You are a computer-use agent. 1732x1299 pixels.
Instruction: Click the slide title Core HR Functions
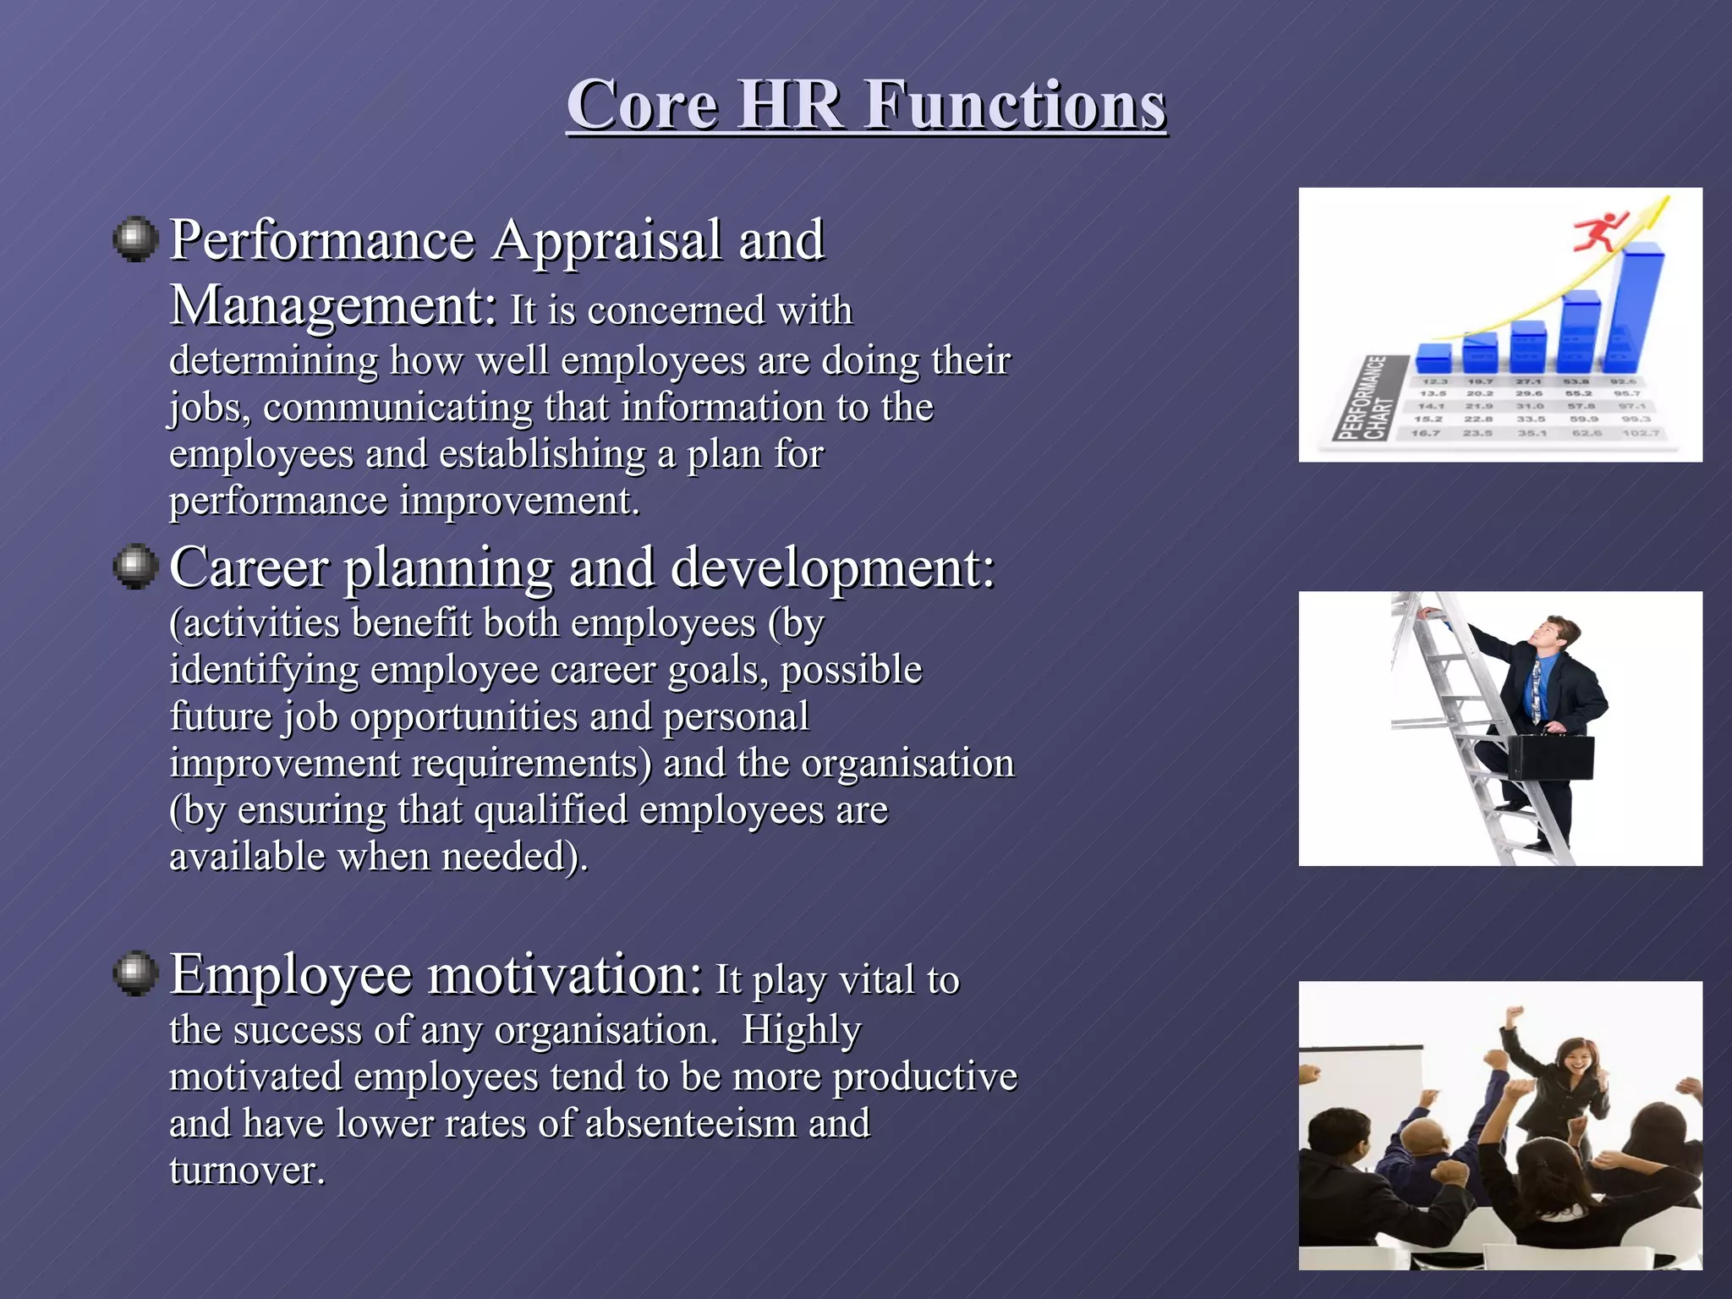(866, 105)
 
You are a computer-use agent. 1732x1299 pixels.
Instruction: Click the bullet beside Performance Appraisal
(135, 239)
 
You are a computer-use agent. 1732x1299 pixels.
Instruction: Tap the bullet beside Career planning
(135, 566)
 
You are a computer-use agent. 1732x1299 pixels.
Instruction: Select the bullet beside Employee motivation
(135, 973)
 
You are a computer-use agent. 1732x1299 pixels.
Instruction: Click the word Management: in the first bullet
(333, 306)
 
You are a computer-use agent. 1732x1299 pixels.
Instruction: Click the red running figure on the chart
(1598, 232)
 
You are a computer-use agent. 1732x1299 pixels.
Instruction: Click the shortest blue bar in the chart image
(1433, 358)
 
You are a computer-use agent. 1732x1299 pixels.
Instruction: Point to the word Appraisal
(607, 240)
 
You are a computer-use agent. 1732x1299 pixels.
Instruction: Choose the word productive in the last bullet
(924, 1077)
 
